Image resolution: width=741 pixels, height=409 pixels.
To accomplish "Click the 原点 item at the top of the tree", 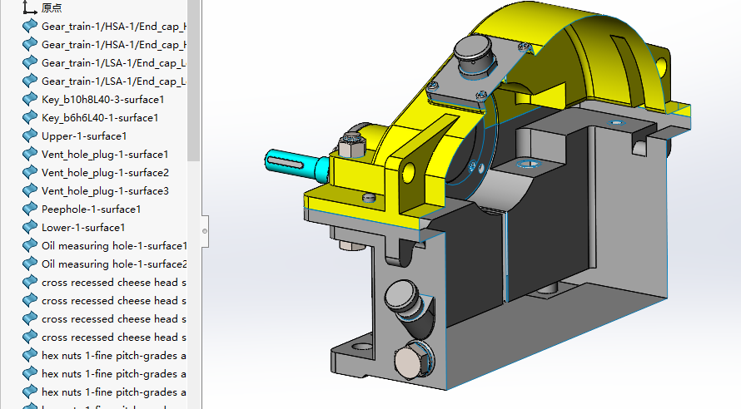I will click(52, 7).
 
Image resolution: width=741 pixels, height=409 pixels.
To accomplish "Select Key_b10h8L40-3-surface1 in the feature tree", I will click(102, 100).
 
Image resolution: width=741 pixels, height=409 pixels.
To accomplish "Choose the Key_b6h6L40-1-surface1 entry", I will click(99, 118).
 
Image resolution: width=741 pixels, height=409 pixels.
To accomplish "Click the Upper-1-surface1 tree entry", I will click(83, 136).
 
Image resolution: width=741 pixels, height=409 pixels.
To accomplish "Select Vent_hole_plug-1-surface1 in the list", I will click(105, 155).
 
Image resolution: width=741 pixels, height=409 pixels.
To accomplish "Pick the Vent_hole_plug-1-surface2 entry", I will click(105, 173).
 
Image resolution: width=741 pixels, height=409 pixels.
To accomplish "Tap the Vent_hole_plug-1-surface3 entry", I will click(105, 191).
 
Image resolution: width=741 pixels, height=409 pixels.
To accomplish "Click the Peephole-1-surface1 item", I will click(91, 209).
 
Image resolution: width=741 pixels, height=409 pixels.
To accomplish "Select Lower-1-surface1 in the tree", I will click(83, 228).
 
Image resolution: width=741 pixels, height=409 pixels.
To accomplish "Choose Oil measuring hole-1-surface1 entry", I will click(113, 246).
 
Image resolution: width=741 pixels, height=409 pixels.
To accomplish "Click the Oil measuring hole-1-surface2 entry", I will click(113, 264).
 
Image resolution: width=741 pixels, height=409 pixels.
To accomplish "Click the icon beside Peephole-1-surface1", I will click(30, 209).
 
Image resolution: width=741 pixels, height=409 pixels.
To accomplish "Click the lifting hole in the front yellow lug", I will click(409, 171).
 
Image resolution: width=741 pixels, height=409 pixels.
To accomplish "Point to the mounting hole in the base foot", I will click(361, 344).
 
